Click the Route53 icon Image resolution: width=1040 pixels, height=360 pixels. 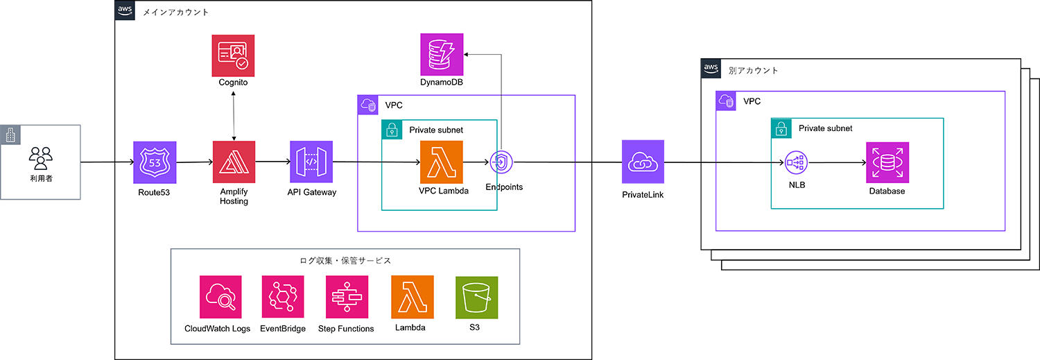(155, 162)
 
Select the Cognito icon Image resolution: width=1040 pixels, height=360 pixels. (233, 55)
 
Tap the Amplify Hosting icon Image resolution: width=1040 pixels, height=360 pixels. (234, 162)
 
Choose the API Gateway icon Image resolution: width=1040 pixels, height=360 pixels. (311, 162)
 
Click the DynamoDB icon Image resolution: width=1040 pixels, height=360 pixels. (442, 54)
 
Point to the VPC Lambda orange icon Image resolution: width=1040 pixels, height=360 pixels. (441, 162)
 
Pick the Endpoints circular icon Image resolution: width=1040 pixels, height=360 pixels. (500, 162)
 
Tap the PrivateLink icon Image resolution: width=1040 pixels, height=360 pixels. (643, 162)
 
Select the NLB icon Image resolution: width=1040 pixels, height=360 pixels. (797, 163)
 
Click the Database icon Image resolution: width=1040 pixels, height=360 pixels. (887, 163)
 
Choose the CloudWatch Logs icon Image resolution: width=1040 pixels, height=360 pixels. (220, 297)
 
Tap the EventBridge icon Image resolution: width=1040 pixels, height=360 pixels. (283, 297)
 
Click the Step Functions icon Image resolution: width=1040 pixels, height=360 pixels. (347, 297)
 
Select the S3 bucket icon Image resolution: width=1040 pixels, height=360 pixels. (476, 297)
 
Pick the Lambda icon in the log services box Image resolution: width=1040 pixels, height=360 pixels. (412, 297)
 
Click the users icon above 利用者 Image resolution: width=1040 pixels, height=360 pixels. (41, 158)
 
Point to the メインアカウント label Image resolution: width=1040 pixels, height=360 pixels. (175, 12)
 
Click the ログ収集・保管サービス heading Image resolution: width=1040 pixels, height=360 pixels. (345, 260)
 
